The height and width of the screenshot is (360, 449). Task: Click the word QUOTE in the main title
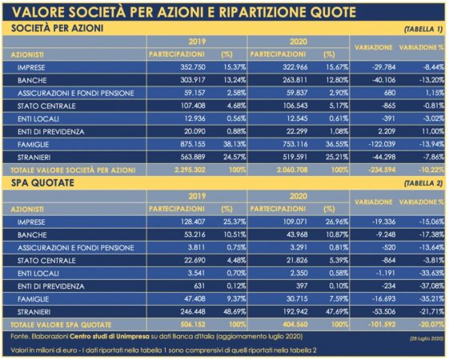333,12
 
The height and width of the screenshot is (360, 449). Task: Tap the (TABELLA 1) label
423,29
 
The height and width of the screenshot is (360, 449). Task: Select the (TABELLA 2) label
423,183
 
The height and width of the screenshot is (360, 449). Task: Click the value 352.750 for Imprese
193,67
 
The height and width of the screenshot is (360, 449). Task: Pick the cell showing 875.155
193,144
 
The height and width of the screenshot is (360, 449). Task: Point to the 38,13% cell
235,144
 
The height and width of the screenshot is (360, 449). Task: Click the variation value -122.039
382,144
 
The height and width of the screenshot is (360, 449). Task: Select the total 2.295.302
190,170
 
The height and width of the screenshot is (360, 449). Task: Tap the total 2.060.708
292,170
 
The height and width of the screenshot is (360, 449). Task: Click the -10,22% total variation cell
431,170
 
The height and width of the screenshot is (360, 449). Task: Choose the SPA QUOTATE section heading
42,183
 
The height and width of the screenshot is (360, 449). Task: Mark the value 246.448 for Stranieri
193,312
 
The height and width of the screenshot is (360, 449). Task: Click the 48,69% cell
235,312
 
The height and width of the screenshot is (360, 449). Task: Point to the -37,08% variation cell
432,286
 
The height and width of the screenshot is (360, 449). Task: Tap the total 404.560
295,325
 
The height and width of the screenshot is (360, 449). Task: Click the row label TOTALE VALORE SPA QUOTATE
61,325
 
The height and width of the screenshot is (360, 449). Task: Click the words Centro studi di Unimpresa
110,337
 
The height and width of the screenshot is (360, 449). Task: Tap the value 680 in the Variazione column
390,93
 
